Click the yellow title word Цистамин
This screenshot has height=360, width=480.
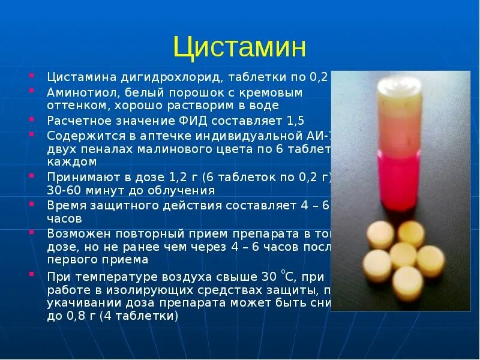[x=239, y=47]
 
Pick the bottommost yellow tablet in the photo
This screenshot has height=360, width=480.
[x=408, y=283]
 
